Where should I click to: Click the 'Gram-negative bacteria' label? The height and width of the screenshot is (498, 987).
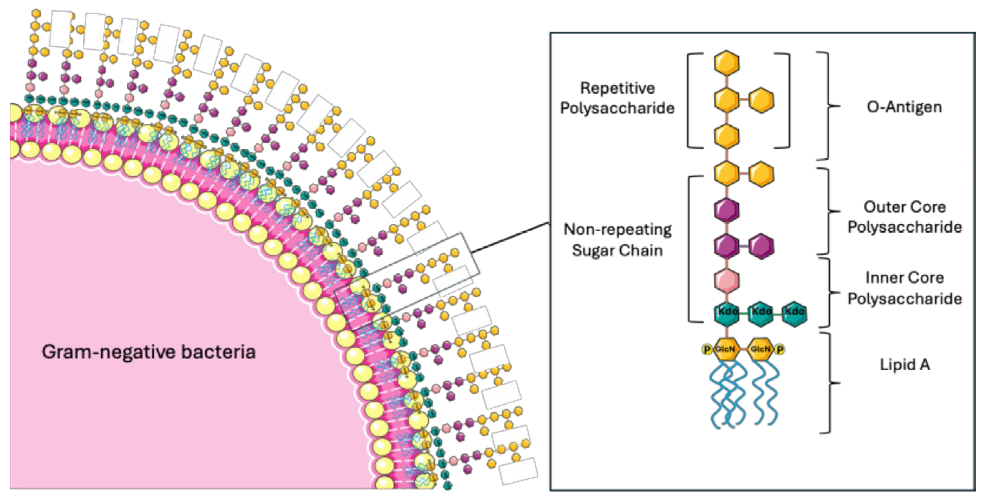(149, 352)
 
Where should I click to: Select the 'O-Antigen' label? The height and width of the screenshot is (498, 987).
(904, 107)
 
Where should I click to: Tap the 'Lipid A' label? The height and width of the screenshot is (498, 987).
(905, 364)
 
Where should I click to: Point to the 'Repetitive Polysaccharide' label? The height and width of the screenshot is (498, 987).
(617, 98)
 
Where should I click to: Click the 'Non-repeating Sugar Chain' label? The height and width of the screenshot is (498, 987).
(618, 240)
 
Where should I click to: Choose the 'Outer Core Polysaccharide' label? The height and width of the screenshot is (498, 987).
(905, 217)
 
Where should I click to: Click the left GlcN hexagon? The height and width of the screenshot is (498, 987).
(727, 349)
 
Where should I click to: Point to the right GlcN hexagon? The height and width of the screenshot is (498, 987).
(761, 349)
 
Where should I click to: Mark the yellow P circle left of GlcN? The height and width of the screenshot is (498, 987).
(707, 349)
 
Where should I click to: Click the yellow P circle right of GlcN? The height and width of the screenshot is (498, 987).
(780, 349)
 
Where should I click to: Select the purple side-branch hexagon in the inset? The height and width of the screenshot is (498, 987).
(761, 246)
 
